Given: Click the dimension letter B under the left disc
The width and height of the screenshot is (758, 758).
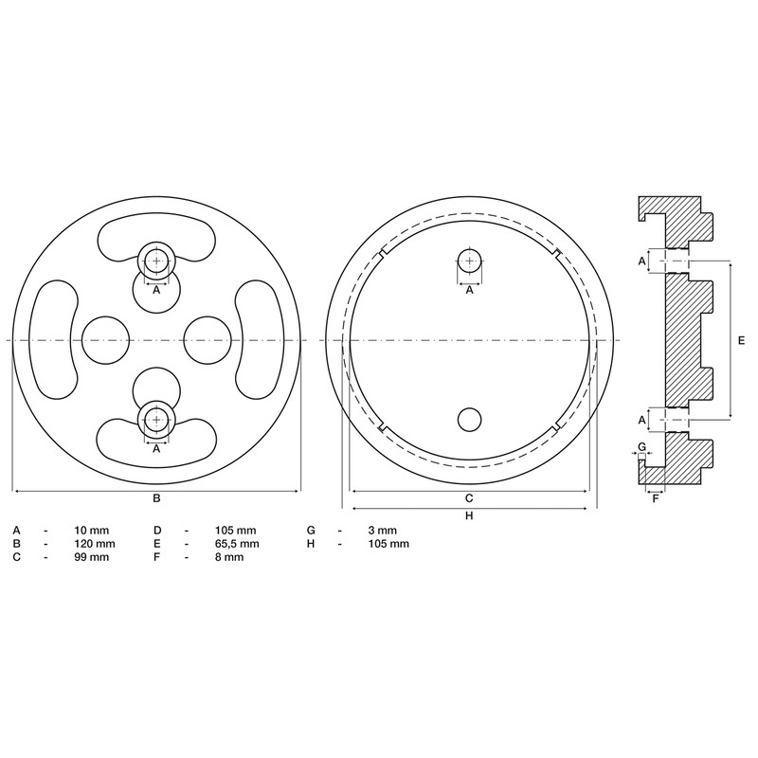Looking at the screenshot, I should click(156, 498).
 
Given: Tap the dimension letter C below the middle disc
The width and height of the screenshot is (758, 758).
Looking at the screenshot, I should click(469, 498).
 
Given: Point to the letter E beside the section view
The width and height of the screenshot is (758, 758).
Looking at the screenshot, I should click(741, 339).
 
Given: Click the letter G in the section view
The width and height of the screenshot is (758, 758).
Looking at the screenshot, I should click(641, 445).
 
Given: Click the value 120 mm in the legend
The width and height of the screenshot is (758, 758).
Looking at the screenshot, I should click(95, 544).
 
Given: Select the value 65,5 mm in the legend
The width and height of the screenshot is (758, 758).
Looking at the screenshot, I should click(237, 544).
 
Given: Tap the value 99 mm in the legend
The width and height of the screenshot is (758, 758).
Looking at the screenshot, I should click(92, 558).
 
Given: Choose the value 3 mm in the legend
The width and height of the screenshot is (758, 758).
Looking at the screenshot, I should click(382, 530).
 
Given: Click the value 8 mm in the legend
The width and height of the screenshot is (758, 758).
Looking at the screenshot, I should click(229, 558).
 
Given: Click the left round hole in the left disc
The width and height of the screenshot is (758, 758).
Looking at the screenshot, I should click(106, 339).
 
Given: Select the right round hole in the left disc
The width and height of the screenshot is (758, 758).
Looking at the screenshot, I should click(208, 339).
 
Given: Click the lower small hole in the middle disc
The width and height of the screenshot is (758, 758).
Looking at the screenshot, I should click(469, 418).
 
